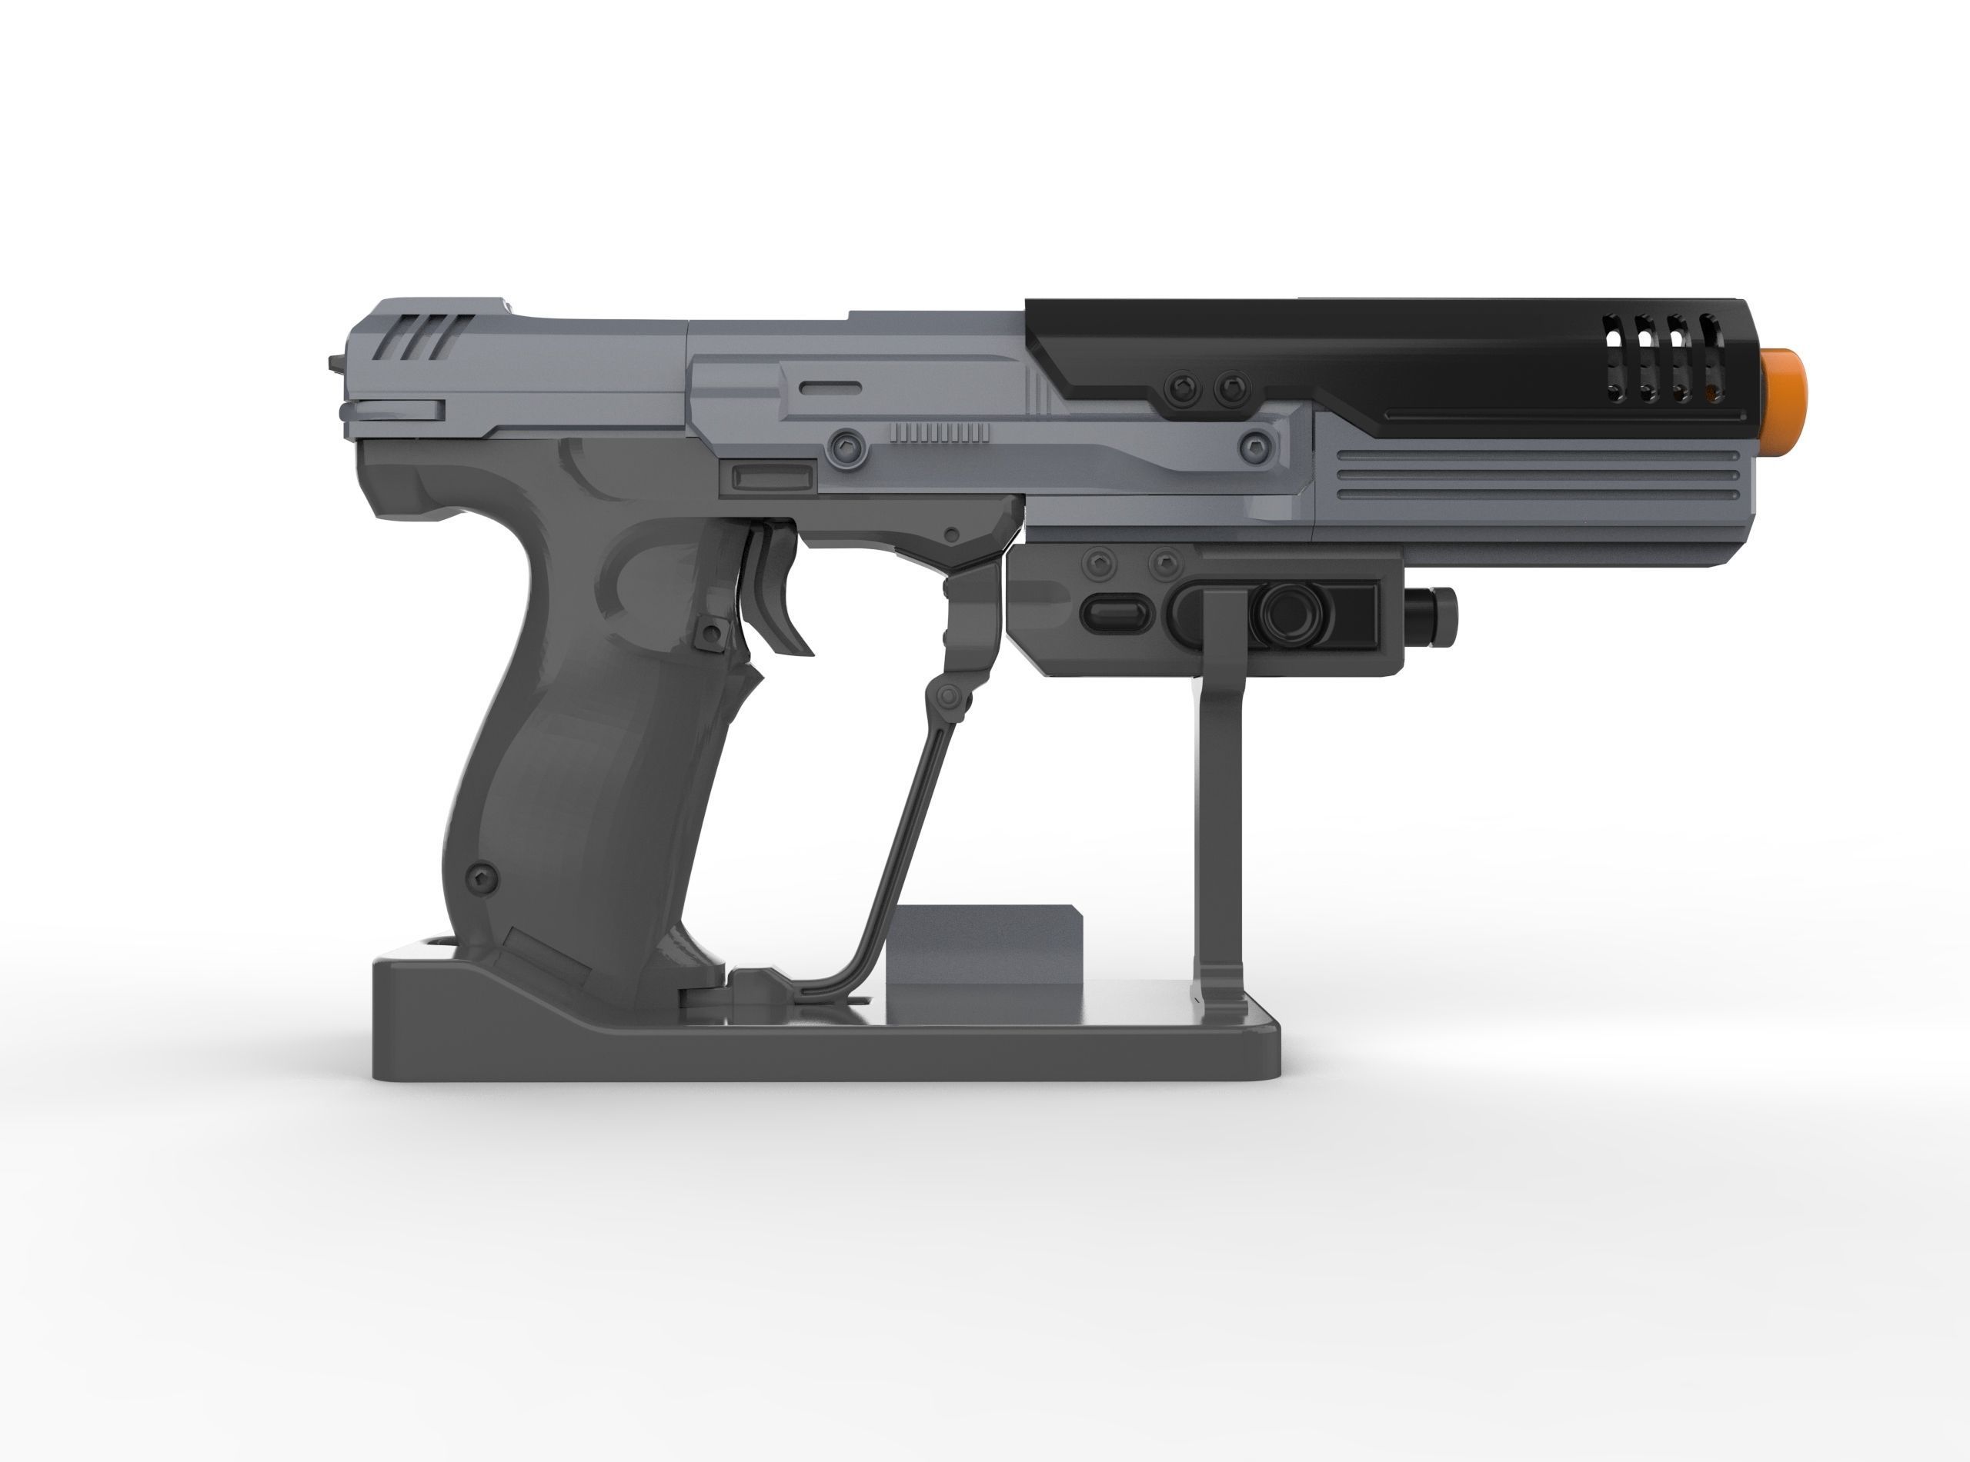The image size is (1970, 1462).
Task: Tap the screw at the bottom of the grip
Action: (x=482, y=875)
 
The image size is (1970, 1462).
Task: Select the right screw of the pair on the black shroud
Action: (x=1229, y=387)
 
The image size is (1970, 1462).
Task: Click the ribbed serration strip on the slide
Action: (x=940, y=432)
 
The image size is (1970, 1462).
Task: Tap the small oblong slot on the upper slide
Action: (x=830, y=388)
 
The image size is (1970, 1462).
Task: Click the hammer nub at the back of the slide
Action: (x=335, y=363)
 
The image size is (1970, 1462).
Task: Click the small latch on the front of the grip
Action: (x=708, y=632)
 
